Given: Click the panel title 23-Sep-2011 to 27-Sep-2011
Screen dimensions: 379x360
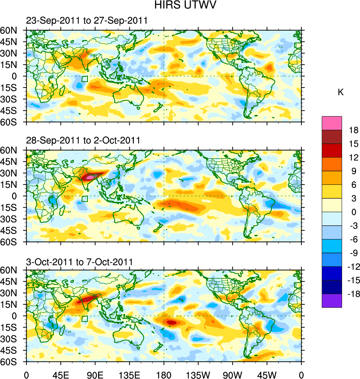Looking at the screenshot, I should pyautogui.click(x=87, y=21).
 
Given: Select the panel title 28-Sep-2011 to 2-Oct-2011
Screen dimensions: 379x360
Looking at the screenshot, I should pyautogui.click(x=83, y=141).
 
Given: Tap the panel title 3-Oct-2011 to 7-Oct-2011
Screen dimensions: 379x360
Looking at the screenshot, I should pyautogui.click(x=79, y=262).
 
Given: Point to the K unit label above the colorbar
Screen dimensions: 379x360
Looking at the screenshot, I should pyautogui.click(x=341, y=92).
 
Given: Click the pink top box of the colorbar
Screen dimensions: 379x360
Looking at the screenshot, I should pyautogui.click(x=332, y=123).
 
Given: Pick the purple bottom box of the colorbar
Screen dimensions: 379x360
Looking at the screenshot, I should pyautogui.click(x=332, y=300).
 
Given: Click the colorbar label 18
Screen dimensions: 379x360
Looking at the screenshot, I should pyautogui.click(x=354, y=130).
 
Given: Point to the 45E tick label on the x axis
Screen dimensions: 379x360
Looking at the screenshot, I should pyautogui.click(x=61, y=374).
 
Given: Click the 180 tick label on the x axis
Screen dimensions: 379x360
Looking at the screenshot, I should pyautogui.click(x=164, y=374).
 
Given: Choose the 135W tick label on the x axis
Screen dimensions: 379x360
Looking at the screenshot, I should pyautogui.click(x=198, y=374).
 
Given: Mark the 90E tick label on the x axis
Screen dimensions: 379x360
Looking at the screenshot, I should pyautogui.click(x=95, y=374).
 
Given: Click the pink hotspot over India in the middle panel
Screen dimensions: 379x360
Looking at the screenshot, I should pyautogui.click(x=90, y=177).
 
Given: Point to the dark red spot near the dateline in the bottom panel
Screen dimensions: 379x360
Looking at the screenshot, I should pyautogui.click(x=171, y=322).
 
